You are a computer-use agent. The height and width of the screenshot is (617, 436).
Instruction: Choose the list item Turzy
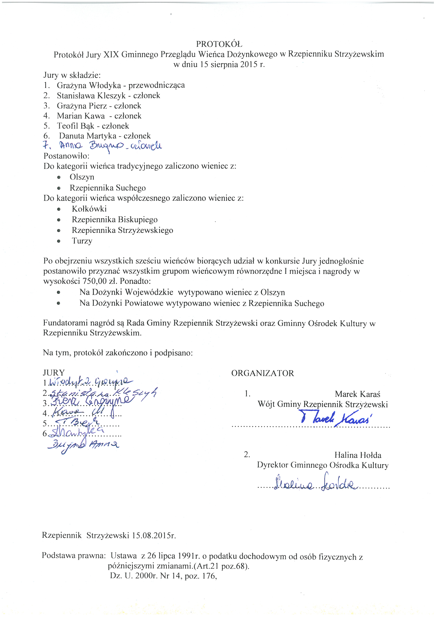coord(82,241)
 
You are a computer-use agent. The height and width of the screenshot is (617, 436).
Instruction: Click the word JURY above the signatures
coord(54,373)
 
